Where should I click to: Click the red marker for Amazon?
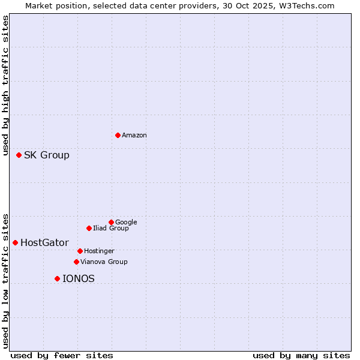click(118, 135)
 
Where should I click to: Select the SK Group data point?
click(19, 155)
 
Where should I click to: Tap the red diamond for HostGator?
click(15, 242)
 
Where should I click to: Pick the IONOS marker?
click(57, 278)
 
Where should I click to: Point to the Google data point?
click(111, 222)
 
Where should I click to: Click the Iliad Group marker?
click(89, 228)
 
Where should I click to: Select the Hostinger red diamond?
click(80, 251)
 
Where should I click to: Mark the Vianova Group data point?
click(76, 262)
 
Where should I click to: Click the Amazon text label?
click(134, 136)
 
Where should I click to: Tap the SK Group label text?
click(47, 155)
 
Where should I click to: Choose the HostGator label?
click(44, 243)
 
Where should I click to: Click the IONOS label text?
click(79, 279)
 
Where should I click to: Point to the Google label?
click(126, 223)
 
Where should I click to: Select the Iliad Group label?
click(111, 229)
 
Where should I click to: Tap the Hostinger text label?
click(99, 251)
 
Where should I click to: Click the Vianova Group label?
click(104, 262)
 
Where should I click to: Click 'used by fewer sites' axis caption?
click(62, 355)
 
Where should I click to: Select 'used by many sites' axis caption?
click(301, 355)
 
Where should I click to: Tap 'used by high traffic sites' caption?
click(6, 88)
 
